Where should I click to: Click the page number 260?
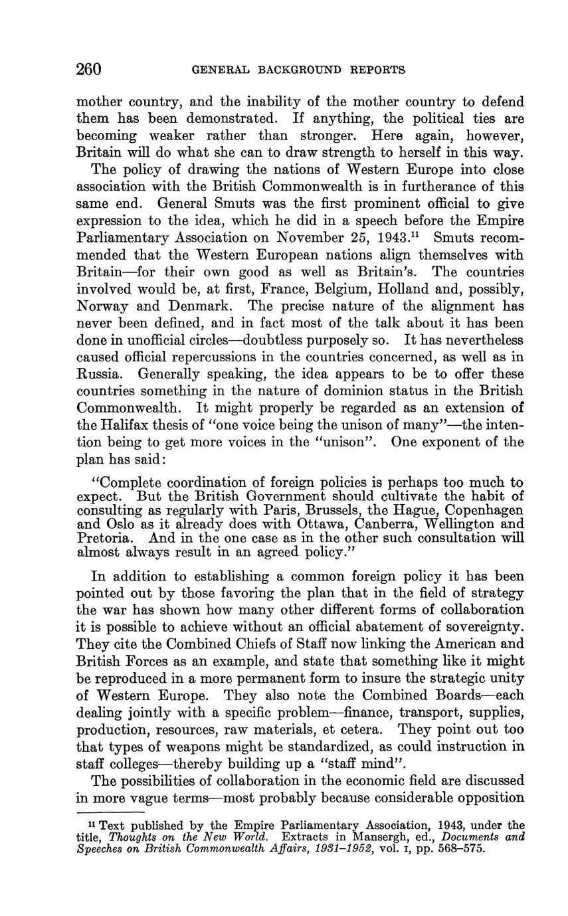pyautogui.click(x=88, y=69)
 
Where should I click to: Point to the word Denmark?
pyautogui.click(x=191, y=307)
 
